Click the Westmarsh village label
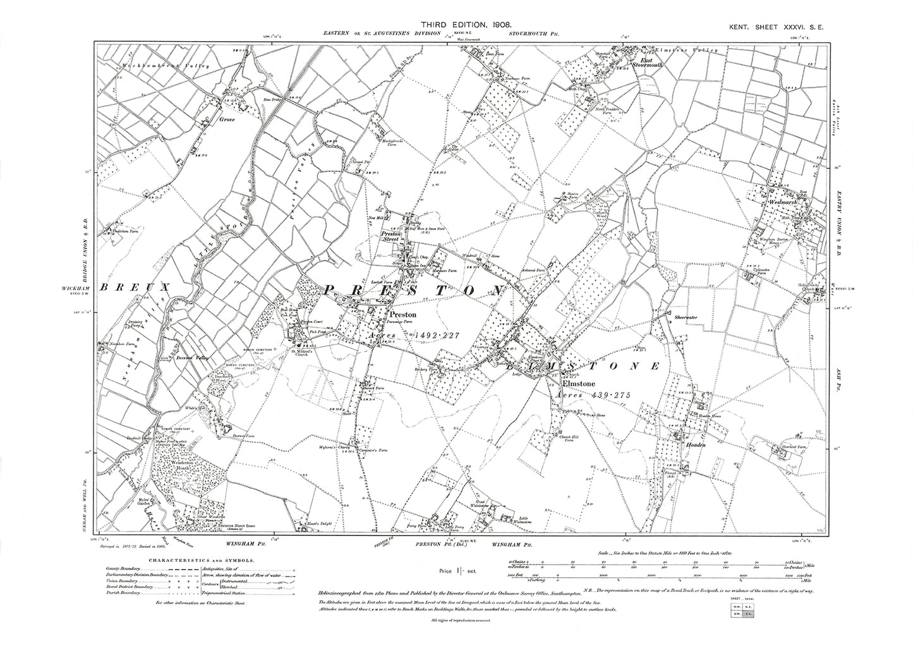pyautogui.click(x=785, y=202)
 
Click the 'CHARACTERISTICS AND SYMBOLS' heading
pyautogui.click(x=203, y=559)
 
